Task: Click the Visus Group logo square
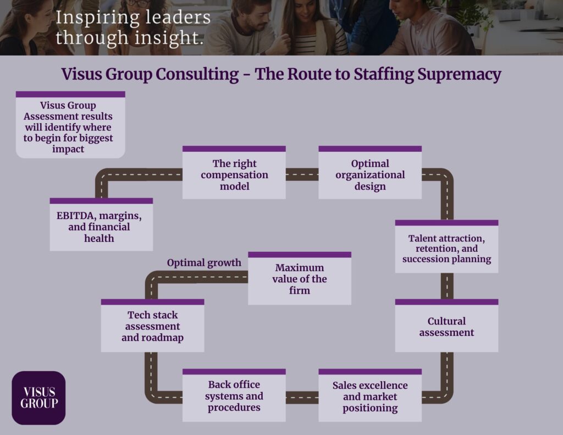(39, 398)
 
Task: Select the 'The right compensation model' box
(234, 173)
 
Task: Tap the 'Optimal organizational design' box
(370, 173)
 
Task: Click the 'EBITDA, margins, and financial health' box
(101, 224)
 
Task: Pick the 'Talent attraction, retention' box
(446, 246)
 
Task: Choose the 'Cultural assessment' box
(446, 326)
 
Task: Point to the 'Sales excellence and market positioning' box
(370, 395)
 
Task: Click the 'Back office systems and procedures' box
(234, 395)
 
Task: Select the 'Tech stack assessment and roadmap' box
(153, 326)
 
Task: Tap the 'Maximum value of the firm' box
(300, 278)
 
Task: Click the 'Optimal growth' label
(204, 263)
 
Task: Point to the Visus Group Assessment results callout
(70, 125)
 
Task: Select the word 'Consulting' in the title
(197, 75)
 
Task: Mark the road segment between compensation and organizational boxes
(302, 174)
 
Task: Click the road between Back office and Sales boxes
(302, 398)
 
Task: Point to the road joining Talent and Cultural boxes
(447, 286)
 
